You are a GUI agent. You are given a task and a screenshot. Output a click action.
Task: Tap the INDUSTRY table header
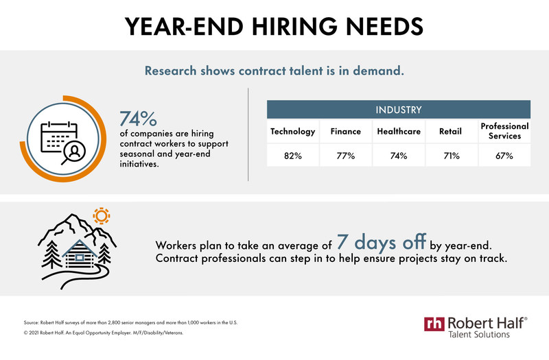click(399, 110)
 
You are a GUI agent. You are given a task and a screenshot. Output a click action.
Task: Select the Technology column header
click(293, 132)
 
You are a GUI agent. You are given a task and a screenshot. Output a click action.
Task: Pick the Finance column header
click(346, 132)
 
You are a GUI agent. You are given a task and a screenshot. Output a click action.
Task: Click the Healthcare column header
click(399, 132)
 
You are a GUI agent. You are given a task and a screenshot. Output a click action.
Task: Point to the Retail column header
click(451, 132)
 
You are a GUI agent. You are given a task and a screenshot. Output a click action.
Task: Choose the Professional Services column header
click(504, 131)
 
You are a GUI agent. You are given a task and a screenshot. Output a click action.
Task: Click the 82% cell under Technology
click(293, 156)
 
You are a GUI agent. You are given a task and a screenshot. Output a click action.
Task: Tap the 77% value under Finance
click(346, 156)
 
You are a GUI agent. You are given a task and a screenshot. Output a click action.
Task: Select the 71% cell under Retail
click(452, 156)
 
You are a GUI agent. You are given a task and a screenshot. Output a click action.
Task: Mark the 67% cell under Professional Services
click(504, 156)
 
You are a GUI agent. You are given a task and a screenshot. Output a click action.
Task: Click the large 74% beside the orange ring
click(139, 119)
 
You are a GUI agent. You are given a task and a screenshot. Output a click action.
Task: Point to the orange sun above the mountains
click(102, 216)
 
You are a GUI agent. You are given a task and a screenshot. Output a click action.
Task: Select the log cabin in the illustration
click(80, 254)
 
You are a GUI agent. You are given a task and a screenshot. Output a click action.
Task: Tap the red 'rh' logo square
click(434, 324)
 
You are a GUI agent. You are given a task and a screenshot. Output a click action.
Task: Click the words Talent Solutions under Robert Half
click(479, 335)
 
